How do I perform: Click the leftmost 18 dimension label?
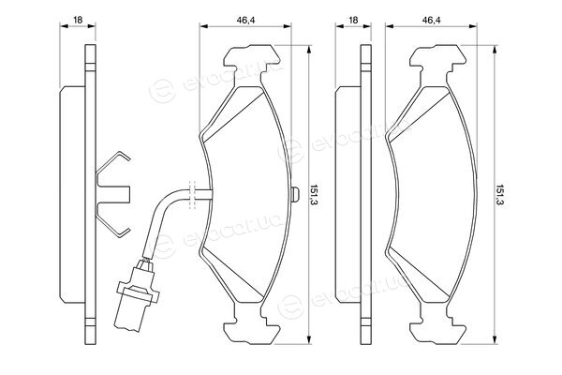tap(78, 20)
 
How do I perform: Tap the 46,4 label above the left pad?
tap(245, 20)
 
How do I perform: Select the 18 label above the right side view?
tap(353, 20)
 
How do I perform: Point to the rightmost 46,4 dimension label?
tap(431, 20)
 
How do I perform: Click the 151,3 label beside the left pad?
tap(315, 195)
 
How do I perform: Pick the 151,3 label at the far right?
tap(500, 195)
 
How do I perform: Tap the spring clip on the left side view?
tap(114, 194)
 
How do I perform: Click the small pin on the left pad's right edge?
tap(295, 194)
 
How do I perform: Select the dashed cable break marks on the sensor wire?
tap(192, 194)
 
